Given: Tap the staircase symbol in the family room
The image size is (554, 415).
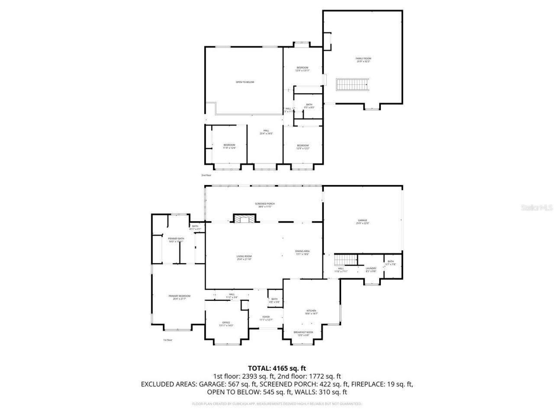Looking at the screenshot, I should pyautogui.click(x=353, y=84).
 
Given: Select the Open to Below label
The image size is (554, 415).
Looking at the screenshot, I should pyautogui.click(x=245, y=82).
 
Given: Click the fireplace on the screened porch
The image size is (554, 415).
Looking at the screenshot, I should pyautogui.click(x=245, y=219).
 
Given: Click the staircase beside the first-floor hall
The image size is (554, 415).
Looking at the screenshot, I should pyautogui.click(x=345, y=260).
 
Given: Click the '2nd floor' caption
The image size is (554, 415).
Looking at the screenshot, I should pyautogui.click(x=206, y=175).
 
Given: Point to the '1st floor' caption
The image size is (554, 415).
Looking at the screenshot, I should pyautogui.click(x=167, y=340).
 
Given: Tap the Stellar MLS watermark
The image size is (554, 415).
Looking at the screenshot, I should pyautogui.click(x=536, y=207).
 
